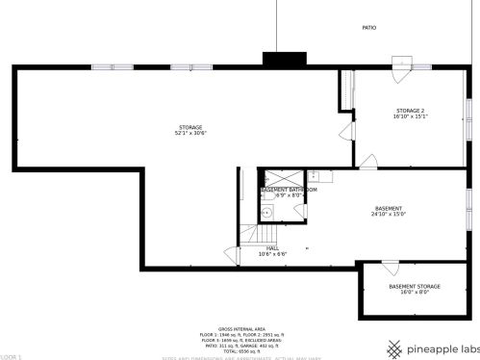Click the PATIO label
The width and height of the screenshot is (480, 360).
click(x=369, y=28)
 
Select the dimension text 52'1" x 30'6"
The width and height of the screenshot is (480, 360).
click(x=190, y=133)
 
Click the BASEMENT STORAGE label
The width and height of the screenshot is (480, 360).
click(x=415, y=287)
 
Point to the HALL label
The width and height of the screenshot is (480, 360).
click(x=273, y=248)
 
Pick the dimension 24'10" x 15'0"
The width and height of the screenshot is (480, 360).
click(x=389, y=214)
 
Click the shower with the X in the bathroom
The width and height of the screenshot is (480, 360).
click(x=285, y=178)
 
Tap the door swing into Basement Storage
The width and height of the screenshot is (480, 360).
click(x=391, y=267)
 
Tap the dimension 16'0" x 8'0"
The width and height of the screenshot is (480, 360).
click(x=415, y=294)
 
